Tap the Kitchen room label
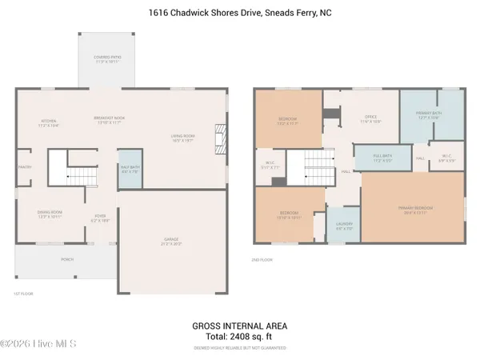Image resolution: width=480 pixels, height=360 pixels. pos(49,123)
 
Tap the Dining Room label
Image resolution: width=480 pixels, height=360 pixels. pos(50,214)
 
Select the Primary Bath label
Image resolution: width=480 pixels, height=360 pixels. pos(429,115)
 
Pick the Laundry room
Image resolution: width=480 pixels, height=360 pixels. pos(343,227)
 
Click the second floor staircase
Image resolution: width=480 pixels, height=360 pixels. pos(306,168)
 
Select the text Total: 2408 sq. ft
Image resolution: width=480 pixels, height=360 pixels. pos(239,338)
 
